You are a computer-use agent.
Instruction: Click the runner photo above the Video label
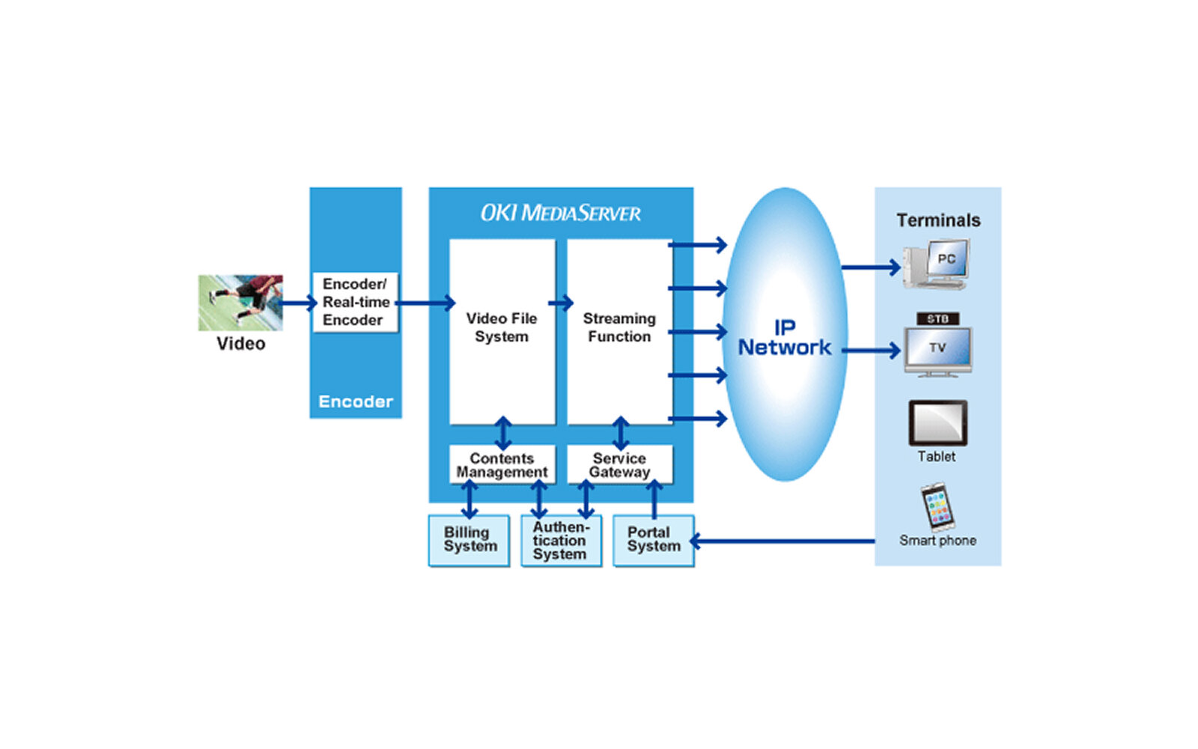[x=240, y=302]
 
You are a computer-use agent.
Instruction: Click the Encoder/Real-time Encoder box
[x=356, y=302]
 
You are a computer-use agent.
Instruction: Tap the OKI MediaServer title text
[x=560, y=213]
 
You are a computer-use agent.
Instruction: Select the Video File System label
[x=502, y=327]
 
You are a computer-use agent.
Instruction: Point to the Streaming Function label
[x=619, y=327]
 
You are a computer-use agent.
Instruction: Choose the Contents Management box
[x=502, y=465]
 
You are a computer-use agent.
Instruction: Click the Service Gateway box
[x=619, y=465]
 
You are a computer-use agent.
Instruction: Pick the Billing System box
[x=469, y=539]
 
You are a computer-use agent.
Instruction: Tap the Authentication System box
[x=560, y=540]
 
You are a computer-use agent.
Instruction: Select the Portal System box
[x=654, y=539]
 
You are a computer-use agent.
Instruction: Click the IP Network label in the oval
[x=784, y=338]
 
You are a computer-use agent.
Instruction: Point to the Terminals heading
[x=938, y=220]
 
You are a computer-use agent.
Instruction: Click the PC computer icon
[x=937, y=264]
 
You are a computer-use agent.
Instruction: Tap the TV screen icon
[x=937, y=350]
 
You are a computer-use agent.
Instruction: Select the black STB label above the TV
[x=937, y=319]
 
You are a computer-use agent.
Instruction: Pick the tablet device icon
[x=937, y=423]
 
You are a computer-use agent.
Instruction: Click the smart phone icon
[x=937, y=506]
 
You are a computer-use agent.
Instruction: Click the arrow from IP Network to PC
[x=870, y=267]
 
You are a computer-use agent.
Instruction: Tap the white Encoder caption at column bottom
[x=356, y=401]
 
